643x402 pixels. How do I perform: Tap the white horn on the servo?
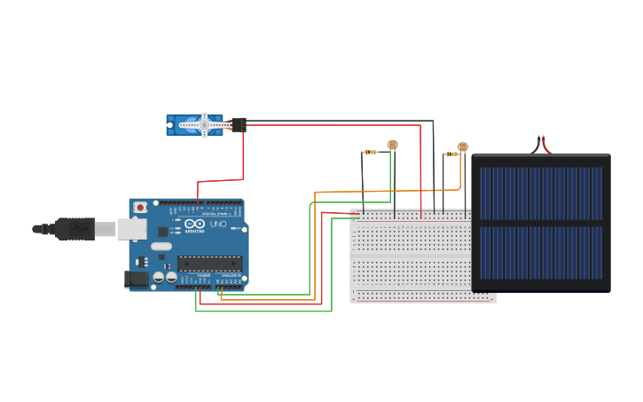[205, 124]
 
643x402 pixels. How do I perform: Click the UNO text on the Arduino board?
[218, 225]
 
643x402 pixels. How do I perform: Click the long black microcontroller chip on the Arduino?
[209, 263]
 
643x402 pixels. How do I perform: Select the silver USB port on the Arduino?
[132, 229]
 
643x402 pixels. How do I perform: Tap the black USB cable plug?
[74, 229]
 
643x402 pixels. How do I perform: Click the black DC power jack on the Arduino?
[136, 279]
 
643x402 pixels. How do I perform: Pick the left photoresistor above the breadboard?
[393, 145]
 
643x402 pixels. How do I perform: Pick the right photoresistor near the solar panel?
[462, 146]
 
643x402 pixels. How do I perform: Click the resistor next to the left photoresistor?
[370, 153]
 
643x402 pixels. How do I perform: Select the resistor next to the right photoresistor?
[451, 154]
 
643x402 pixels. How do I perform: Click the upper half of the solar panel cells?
[540, 191]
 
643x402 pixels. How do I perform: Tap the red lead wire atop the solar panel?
[545, 145]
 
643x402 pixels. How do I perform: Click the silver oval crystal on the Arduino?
[161, 247]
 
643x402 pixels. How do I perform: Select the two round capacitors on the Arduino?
[164, 277]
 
